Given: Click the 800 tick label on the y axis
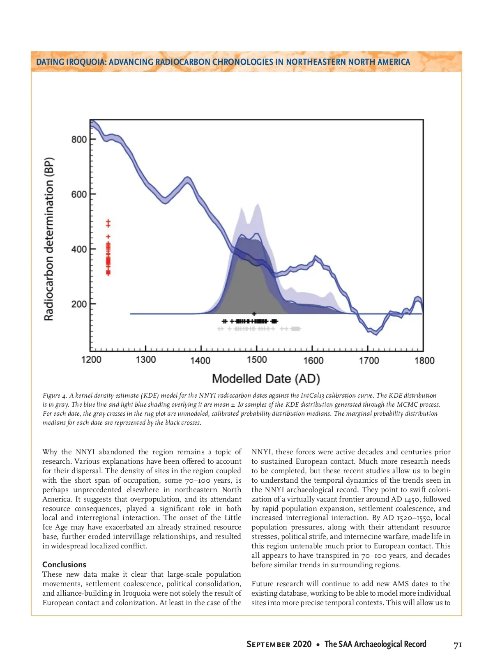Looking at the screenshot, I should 79,139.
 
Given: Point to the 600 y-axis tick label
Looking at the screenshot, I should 79,194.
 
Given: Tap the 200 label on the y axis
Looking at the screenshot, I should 79,304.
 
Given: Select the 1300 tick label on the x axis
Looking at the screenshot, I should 146,360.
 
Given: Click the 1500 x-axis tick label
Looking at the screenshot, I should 257,360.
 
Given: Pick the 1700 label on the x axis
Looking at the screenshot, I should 369,360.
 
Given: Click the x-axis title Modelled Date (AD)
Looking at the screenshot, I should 266,379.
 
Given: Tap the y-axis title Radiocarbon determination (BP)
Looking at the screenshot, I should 49,239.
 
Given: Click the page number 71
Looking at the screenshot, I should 458,645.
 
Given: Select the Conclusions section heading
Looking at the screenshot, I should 65,564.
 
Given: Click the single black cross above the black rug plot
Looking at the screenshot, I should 254,314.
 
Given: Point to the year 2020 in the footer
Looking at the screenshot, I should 302,644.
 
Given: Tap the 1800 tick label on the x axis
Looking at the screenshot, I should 424,360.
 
